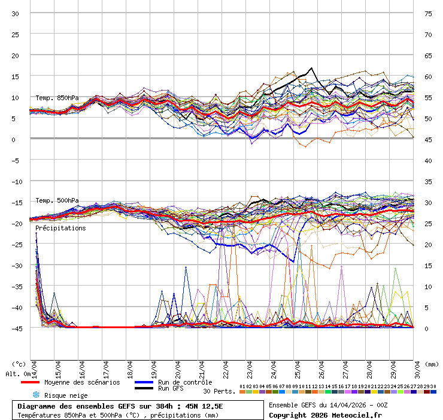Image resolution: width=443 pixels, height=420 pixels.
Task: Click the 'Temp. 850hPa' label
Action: click(x=56, y=98)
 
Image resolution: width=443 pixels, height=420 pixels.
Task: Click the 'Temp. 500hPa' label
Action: click(x=56, y=200)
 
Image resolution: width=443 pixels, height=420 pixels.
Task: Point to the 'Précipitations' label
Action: click(x=60, y=229)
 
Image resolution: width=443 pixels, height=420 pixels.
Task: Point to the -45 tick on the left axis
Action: click(x=16, y=328)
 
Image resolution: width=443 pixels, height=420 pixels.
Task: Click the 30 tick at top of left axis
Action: click(x=16, y=13)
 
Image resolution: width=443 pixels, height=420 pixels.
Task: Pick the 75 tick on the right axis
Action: click(x=429, y=13)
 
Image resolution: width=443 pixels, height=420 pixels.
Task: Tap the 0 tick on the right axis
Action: click(x=427, y=328)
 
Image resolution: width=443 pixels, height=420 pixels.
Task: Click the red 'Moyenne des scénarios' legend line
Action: click(x=38, y=382)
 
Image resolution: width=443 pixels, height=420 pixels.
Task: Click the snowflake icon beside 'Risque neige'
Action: click(x=35, y=395)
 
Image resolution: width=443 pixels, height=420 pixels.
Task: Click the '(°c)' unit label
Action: click(x=19, y=364)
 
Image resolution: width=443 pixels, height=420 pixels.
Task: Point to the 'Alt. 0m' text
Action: click(x=17, y=374)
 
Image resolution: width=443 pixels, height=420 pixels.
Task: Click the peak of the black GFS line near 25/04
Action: click(x=311, y=68)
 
